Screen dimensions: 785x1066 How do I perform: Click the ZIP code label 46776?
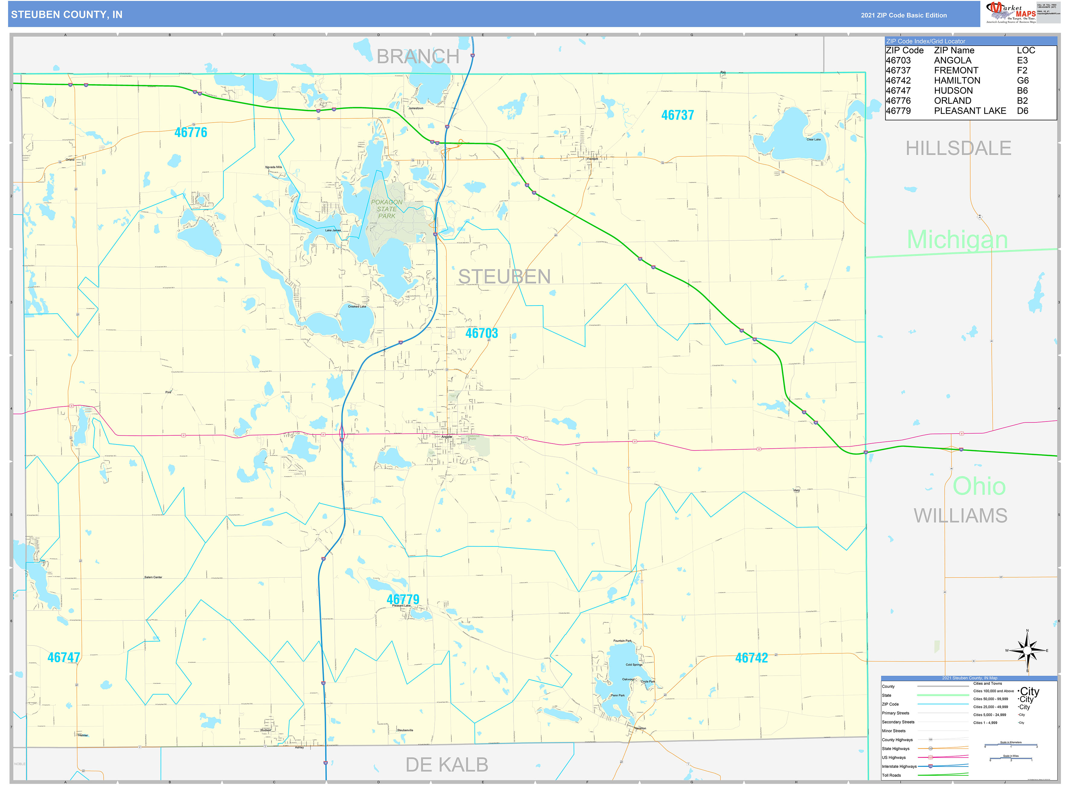[x=191, y=133]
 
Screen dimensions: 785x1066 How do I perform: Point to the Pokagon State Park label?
[x=387, y=209]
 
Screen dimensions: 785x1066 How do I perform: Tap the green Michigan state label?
[x=957, y=239]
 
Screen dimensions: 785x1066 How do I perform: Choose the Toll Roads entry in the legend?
[x=891, y=775]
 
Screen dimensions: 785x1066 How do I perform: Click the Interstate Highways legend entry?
[x=899, y=766]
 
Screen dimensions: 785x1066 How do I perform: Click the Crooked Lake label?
[x=357, y=306]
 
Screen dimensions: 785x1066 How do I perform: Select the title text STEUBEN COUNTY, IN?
[x=66, y=15]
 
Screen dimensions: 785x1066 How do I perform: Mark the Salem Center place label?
[x=153, y=577]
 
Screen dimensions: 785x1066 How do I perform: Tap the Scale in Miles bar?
[x=1010, y=759]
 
